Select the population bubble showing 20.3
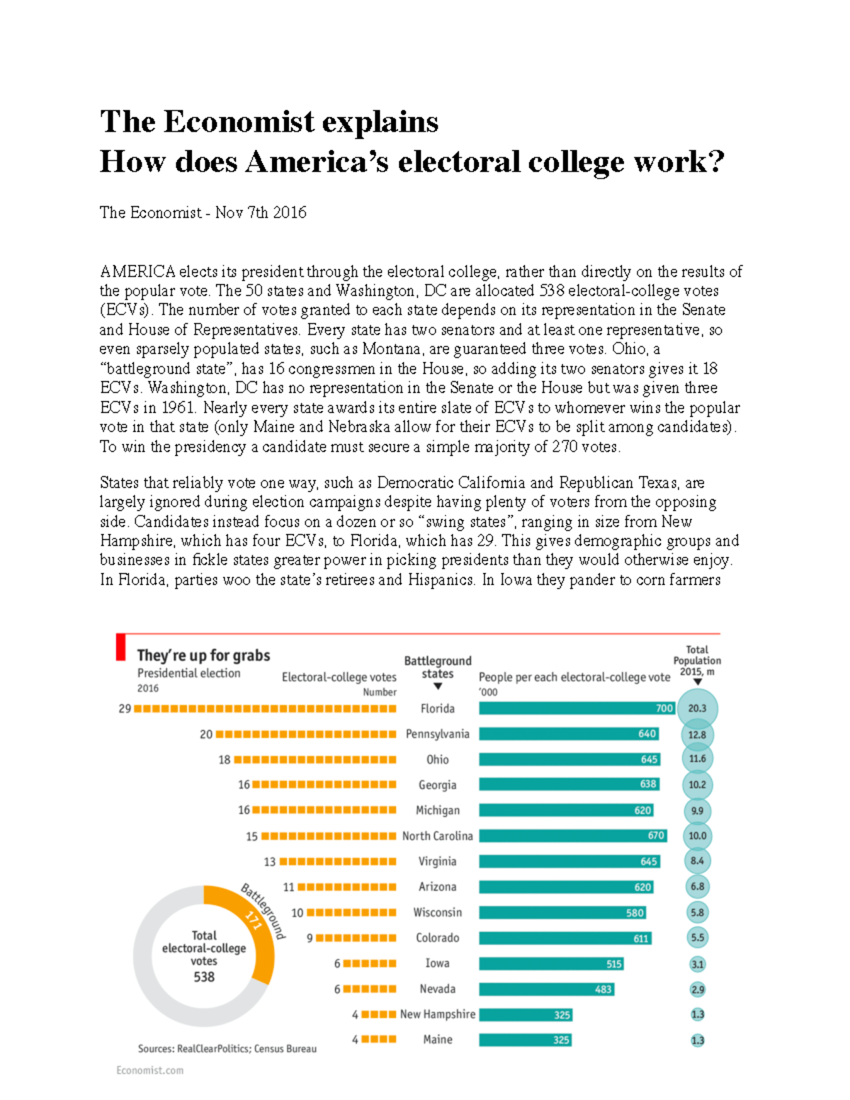pyautogui.click(x=697, y=708)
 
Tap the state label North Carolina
pyautogui.click(x=437, y=836)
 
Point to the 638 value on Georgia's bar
pyautogui.click(x=647, y=784)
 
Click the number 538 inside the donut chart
pyautogui.click(x=204, y=977)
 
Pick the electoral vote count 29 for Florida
pyautogui.click(x=125, y=708)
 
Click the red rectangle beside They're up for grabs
pyautogui.click(x=120, y=647)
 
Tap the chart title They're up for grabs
pyautogui.click(x=203, y=655)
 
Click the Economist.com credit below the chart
pyautogui.click(x=149, y=1070)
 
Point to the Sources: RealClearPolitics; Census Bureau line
pyautogui.click(x=227, y=1048)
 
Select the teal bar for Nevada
pyautogui.click(x=546, y=989)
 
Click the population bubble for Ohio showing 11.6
pyautogui.click(x=697, y=759)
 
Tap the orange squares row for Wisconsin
pyautogui.click(x=351, y=912)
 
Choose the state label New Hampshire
pyautogui.click(x=437, y=1014)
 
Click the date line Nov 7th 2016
pyautogui.click(x=261, y=212)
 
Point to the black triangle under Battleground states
pyautogui.click(x=438, y=686)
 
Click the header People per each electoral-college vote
pyautogui.click(x=574, y=677)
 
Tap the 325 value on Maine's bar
pyautogui.click(x=561, y=1040)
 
